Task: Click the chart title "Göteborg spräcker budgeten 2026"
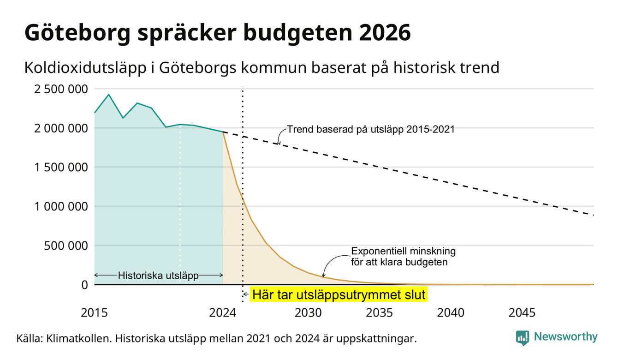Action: [x=218, y=33]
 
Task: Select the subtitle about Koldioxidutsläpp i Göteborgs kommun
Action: [x=262, y=68]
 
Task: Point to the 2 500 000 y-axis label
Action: [x=61, y=89]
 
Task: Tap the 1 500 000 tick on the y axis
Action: [x=61, y=167]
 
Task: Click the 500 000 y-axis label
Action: [x=66, y=246]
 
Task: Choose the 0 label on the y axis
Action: [x=85, y=285]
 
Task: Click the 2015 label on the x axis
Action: [x=94, y=313]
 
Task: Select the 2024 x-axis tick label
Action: [x=223, y=313]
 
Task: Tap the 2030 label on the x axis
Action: [x=308, y=313]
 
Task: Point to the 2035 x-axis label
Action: [x=380, y=313]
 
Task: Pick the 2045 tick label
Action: [x=522, y=313]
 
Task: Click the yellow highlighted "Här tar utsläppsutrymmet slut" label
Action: [x=339, y=294]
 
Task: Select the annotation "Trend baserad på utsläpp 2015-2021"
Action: [x=370, y=129]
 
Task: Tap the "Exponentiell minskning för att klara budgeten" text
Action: [x=403, y=257]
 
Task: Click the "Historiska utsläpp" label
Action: [x=158, y=276]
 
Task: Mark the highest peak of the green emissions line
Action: [x=109, y=95]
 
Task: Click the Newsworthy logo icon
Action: [x=523, y=338]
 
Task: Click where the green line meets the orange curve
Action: [x=223, y=132]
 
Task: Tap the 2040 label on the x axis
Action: [x=451, y=313]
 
